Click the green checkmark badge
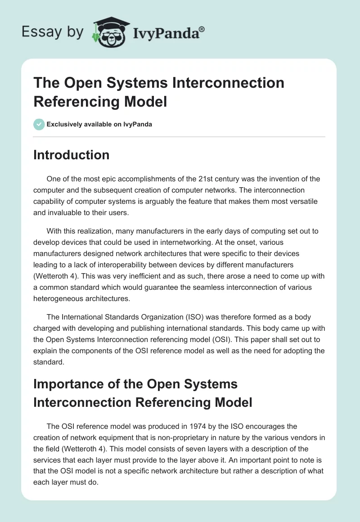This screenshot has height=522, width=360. coord(39,124)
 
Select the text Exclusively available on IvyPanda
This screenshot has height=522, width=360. coord(99,124)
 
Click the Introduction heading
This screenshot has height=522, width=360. coord(71,155)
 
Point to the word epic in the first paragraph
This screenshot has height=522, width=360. coord(111,179)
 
